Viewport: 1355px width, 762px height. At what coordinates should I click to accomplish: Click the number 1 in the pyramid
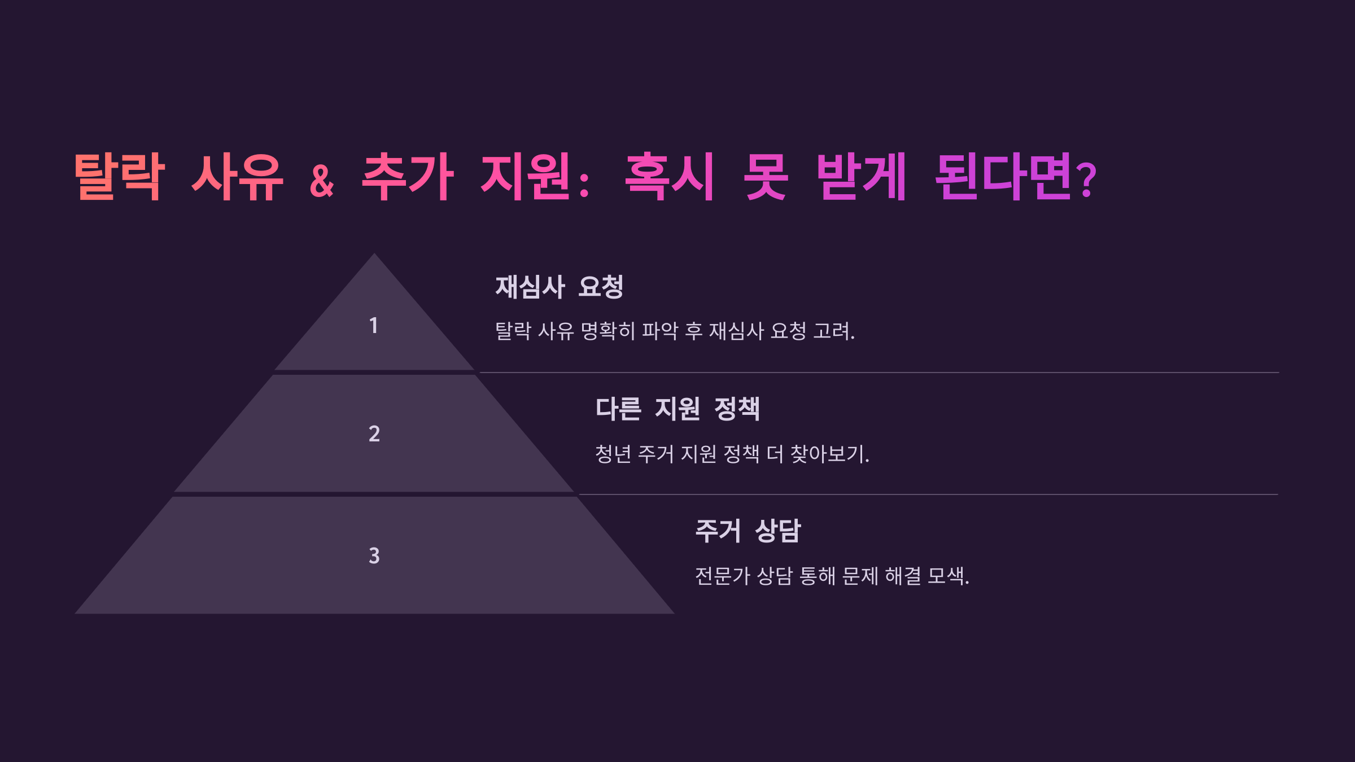point(373,326)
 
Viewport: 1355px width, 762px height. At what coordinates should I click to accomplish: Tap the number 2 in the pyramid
point(374,433)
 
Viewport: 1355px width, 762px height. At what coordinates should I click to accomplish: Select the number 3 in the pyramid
point(374,555)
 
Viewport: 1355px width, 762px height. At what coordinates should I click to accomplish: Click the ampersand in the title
point(322,181)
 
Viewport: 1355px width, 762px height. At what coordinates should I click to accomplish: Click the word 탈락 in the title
point(120,177)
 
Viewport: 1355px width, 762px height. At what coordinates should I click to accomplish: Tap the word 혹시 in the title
point(670,177)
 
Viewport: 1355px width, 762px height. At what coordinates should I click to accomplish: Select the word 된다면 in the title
point(1003,177)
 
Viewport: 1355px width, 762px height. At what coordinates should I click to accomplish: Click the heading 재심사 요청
point(559,287)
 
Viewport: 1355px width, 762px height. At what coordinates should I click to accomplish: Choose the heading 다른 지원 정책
point(677,409)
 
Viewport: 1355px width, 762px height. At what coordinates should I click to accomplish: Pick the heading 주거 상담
point(748,531)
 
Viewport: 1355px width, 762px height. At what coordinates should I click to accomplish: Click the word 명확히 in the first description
point(608,331)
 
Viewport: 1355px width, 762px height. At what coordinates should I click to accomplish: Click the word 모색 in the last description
point(946,576)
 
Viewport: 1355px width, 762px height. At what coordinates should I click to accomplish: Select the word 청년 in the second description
point(613,454)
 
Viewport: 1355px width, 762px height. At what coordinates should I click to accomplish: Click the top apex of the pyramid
point(374,256)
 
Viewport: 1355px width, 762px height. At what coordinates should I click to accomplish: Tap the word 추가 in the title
point(408,177)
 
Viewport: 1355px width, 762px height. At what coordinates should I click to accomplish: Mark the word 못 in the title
point(765,177)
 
